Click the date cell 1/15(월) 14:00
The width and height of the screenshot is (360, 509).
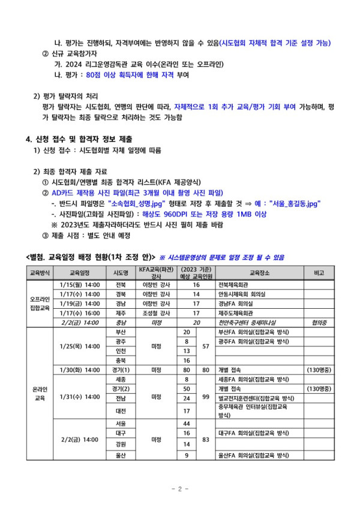click(x=80, y=284)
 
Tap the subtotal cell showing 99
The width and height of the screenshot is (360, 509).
click(x=206, y=397)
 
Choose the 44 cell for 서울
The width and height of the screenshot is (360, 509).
click(x=187, y=424)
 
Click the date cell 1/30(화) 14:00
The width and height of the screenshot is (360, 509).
click(x=80, y=369)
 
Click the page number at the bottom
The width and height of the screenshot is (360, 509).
click(x=180, y=489)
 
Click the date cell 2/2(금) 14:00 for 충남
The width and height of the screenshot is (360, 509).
click(x=80, y=322)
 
